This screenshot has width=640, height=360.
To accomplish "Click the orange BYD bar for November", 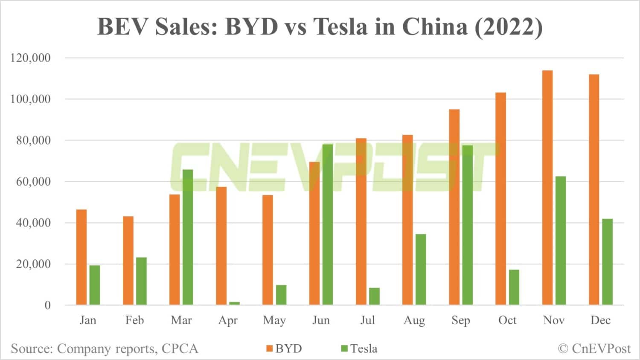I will coord(547,188).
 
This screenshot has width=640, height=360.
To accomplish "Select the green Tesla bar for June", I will coord(328,224).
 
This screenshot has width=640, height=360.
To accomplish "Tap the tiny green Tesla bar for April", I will coord(235,303).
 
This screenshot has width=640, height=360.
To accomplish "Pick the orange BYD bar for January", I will coord(81,257).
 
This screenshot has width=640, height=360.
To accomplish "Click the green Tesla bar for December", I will coord(607,262).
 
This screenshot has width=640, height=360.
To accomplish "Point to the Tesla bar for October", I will coord(514,287).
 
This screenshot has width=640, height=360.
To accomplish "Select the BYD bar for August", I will coord(407,220).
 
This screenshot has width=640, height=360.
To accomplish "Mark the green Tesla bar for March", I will coord(188,237).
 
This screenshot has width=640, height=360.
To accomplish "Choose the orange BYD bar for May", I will coord(268,250).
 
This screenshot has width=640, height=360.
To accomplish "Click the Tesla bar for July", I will coord(374,296).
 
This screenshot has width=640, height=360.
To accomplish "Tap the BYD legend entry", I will coord(284,348).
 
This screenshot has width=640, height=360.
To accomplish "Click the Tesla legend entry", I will coord(359,348).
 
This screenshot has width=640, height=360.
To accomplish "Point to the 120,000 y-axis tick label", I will coord(30,58).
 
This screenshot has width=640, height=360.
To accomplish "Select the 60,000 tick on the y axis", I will coord(33,181).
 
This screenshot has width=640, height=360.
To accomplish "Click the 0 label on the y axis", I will coord(47,305).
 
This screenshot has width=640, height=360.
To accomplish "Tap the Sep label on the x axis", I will coord(460,320).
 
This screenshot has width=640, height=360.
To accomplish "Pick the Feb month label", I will coord(134,320).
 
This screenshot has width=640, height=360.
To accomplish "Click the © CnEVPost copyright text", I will coord(594,348).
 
